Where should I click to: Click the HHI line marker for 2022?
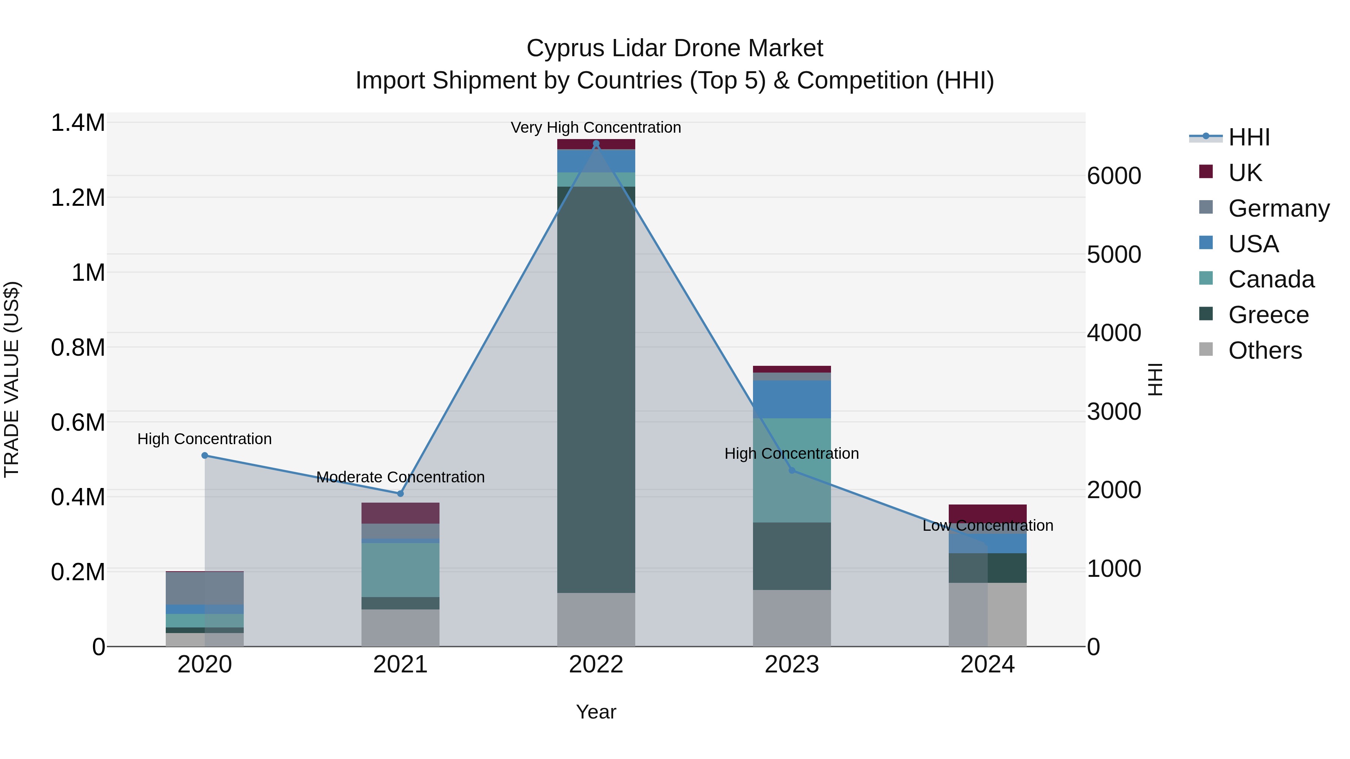coord(596,144)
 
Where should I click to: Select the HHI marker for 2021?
coord(400,493)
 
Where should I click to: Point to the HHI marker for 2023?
coord(792,470)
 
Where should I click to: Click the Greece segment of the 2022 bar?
coord(596,390)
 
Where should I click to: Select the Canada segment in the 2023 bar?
coord(792,470)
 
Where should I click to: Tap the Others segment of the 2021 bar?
coord(400,627)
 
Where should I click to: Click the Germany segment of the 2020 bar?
coord(205,588)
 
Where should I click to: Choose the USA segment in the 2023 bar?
coord(792,399)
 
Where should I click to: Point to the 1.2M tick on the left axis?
coord(78,198)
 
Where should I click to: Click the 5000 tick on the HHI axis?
coord(1114,254)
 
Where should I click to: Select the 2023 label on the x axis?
coord(792,665)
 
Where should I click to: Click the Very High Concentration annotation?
coord(596,127)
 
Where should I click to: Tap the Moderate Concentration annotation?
coord(400,477)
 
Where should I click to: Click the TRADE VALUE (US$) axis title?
coord(12,379)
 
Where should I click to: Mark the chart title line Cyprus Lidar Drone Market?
coord(675,48)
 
